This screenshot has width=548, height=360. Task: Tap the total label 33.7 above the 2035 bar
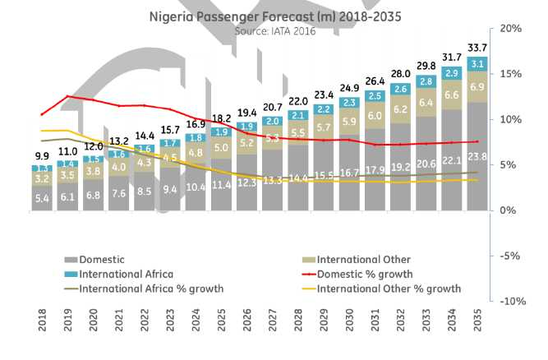point(477,47)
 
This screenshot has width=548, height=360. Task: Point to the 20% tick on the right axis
point(511,29)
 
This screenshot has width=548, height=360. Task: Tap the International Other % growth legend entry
point(388,288)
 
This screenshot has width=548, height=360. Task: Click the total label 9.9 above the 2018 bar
point(43,156)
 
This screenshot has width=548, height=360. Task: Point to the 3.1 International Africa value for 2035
point(477,64)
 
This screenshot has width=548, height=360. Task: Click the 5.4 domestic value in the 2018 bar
point(43,198)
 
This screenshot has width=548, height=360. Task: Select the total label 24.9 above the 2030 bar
point(348,88)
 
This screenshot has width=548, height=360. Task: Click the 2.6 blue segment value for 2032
point(401,89)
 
